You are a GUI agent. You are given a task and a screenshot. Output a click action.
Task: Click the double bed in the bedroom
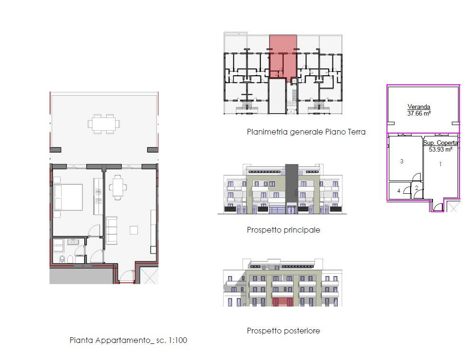tap(68, 197)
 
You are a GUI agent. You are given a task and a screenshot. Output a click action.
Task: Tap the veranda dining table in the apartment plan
tap(104, 124)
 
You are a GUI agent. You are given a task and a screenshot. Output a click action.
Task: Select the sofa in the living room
tap(111, 230)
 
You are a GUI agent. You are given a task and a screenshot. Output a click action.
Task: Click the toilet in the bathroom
tap(63, 260)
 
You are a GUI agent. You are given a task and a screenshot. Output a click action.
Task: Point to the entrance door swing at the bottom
tap(127, 276)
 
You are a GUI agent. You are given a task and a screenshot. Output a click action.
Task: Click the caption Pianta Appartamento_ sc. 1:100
tap(128, 340)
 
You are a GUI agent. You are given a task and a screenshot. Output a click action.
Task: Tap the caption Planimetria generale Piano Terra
tap(306, 132)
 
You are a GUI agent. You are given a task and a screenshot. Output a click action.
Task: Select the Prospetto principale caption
tap(283, 230)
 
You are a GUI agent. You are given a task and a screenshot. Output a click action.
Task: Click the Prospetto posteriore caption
tap(283, 331)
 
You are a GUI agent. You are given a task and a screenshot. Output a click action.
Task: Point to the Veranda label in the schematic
tap(419, 107)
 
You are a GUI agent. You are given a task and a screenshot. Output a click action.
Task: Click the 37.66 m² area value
tap(419, 114)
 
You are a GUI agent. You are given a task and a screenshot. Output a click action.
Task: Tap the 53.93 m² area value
tap(440, 149)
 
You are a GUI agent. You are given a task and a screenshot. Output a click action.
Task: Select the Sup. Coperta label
tap(440, 143)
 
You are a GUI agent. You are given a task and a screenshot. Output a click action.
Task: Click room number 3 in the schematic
tap(402, 162)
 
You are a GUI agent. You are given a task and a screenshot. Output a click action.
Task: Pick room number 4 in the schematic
tap(399, 191)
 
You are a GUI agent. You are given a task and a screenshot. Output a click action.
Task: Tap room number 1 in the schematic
tap(440, 164)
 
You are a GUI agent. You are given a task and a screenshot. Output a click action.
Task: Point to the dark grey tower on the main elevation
tap(292, 185)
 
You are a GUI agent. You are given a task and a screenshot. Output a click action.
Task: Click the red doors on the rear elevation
tap(282, 302)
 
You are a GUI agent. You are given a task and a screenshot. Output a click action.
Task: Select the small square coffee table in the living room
tap(134, 230)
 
